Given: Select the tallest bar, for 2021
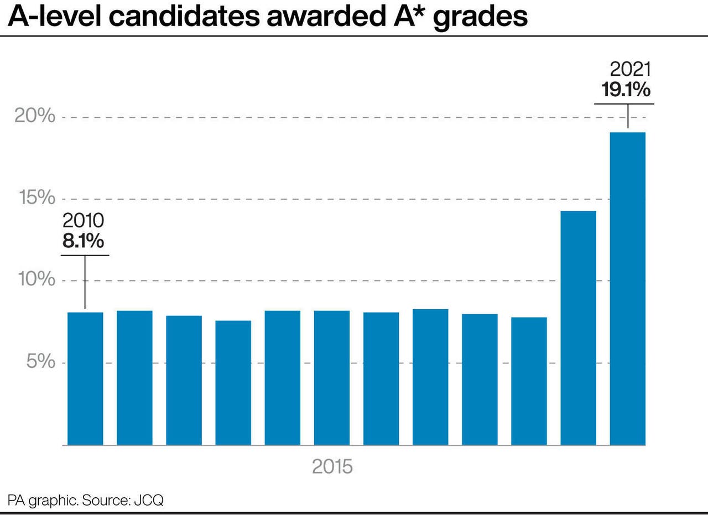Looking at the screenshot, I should click(627, 288).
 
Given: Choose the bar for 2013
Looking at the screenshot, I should click(233, 382).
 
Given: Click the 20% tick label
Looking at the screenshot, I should click(35, 116).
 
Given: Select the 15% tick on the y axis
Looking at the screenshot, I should click(35, 198).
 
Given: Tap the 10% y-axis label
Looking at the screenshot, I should click(35, 279).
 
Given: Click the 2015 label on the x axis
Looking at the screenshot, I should click(332, 466).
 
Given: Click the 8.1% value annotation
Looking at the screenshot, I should click(83, 242).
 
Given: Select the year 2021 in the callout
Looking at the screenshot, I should click(630, 70).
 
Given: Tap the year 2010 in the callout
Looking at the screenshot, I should click(83, 221).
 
